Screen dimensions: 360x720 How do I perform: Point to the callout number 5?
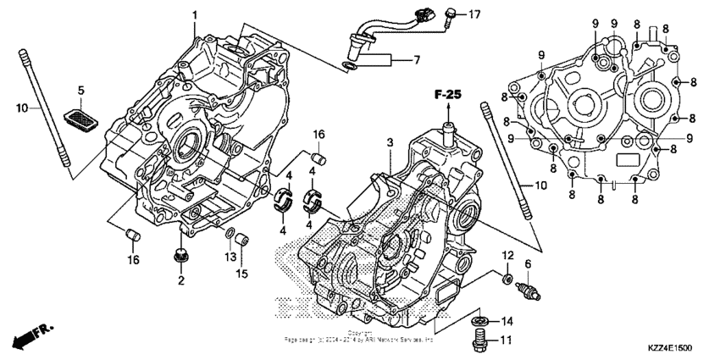[x=81, y=90]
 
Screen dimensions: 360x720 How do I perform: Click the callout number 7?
[x=416, y=60]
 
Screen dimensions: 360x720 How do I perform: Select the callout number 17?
[x=474, y=14]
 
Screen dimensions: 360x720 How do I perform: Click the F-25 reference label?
[x=448, y=95]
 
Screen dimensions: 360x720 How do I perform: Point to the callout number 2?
[x=180, y=280]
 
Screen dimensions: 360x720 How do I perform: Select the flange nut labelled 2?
[x=180, y=254]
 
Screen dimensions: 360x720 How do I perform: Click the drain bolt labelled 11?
[x=480, y=341]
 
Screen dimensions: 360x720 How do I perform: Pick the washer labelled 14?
[x=480, y=321]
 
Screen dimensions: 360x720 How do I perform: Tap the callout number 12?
[x=507, y=255]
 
